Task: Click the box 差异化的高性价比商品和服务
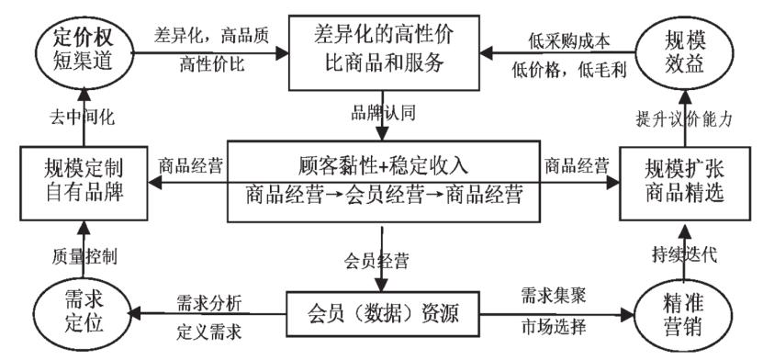[x=381, y=49]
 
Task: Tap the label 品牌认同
[x=381, y=117]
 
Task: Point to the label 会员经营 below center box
[x=381, y=259]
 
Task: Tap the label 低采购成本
[x=564, y=39]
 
